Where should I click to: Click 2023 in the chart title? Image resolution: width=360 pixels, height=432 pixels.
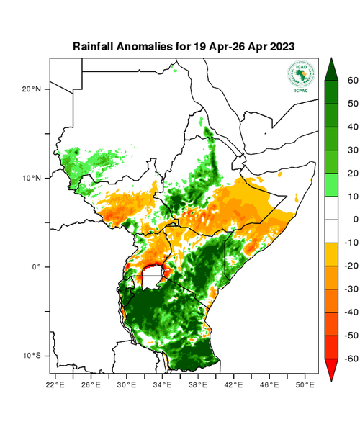280,46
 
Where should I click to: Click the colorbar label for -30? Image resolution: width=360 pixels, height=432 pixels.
346,289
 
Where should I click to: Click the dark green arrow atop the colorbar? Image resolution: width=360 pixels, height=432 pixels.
330,69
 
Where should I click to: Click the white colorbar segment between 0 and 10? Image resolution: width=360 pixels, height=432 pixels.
330,208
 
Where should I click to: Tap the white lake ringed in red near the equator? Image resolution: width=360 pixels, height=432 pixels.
152,274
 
